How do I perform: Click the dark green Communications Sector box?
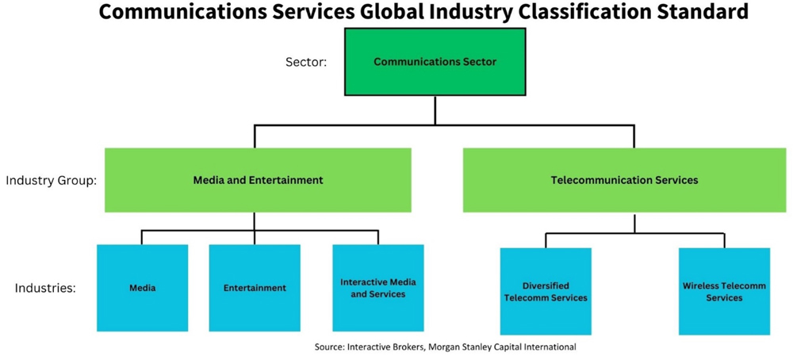(x=435, y=62)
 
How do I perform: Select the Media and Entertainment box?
(x=258, y=180)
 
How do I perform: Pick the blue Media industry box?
(x=143, y=288)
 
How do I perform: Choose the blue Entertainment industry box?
(x=255, y=288)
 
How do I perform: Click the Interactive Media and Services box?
(x=378, y=288)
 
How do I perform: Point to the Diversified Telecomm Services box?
(x=546, y=291)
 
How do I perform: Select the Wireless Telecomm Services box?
(x=724, y=291)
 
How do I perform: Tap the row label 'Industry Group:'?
(x=51, y=181)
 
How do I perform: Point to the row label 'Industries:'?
(x=45, y=288)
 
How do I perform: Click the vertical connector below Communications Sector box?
(x=435, y=110)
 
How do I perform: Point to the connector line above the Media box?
(x=142, y=238)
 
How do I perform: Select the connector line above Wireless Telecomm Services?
(x=724, y=240)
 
